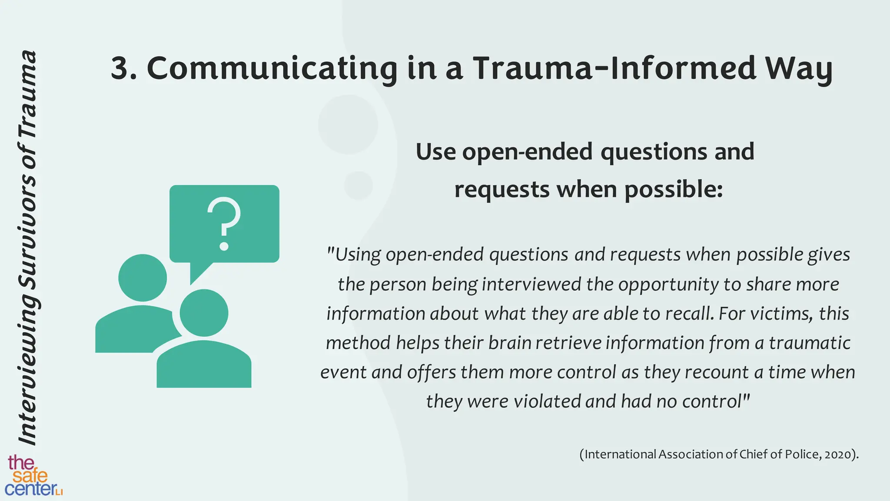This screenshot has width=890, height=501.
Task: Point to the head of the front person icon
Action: pyautogui.click(x=204, y=313)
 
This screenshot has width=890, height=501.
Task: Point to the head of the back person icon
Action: pyautogui.click(x=143, y=278)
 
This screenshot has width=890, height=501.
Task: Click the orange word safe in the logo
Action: pyautogui.click(x=30, y=476)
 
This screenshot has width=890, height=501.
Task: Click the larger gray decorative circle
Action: pyautogui.click(x=348, y=124)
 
